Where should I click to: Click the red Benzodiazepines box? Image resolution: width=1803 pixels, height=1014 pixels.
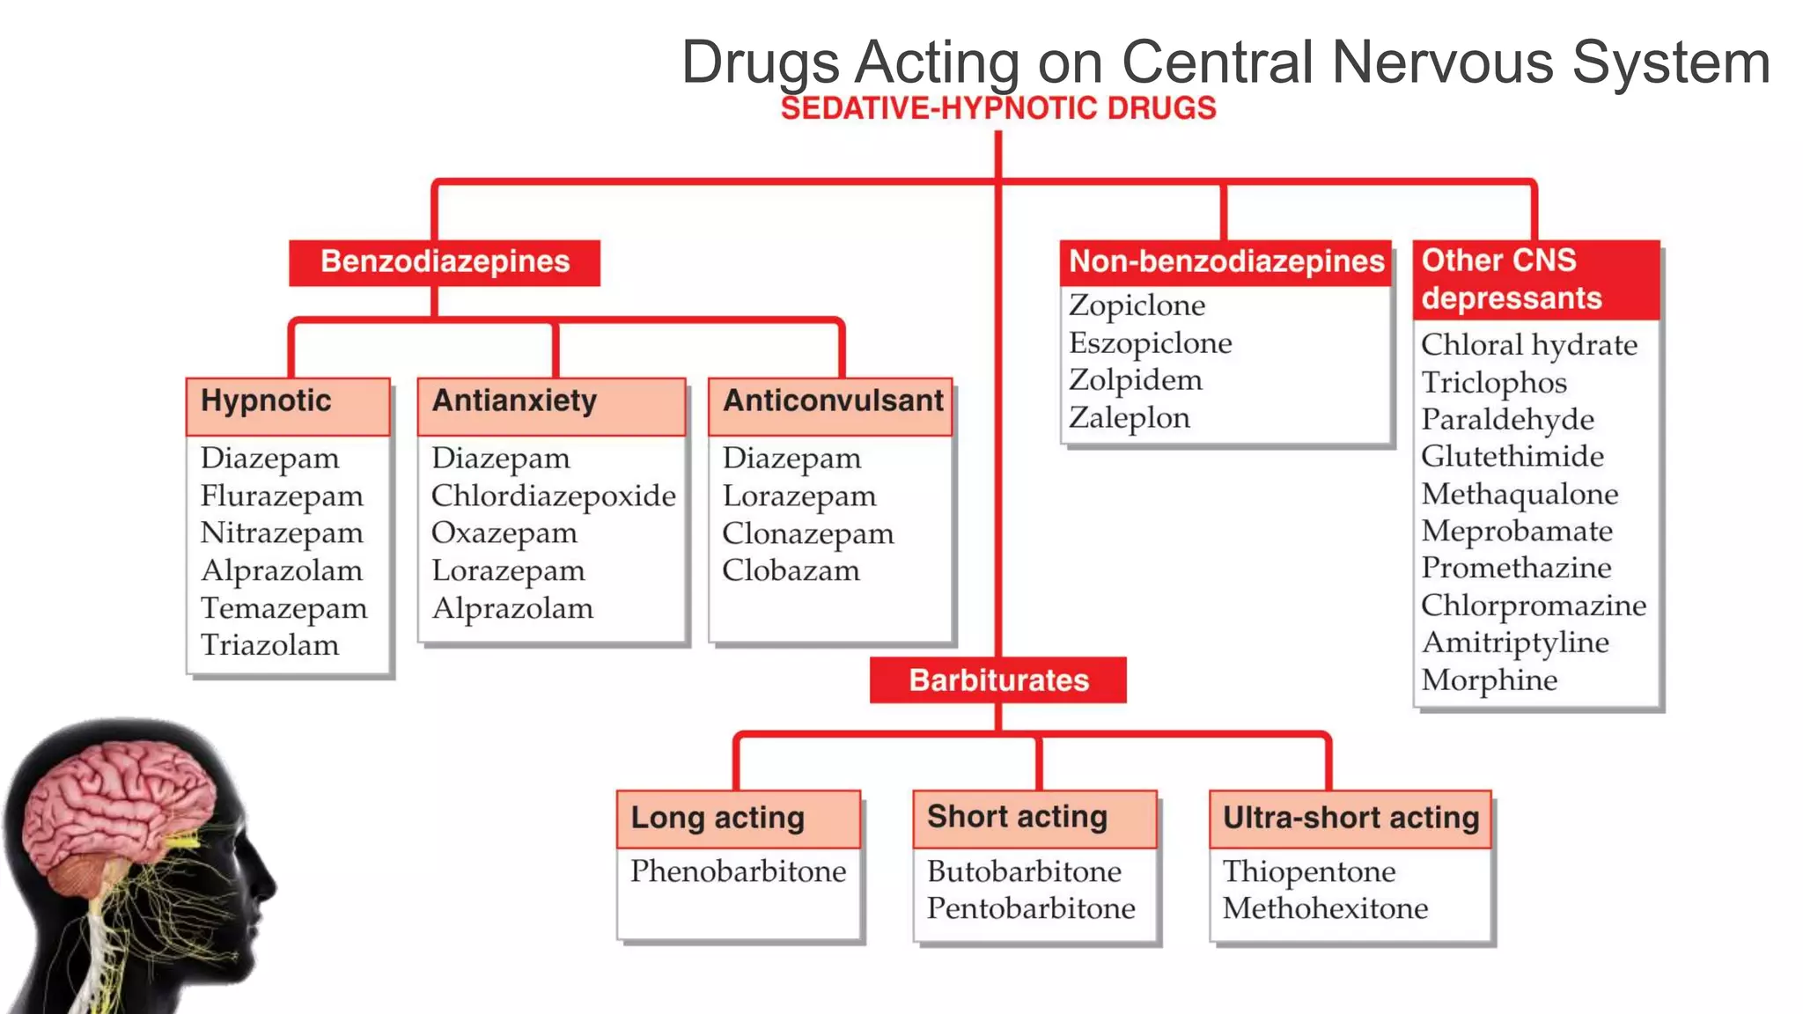coord(445,262)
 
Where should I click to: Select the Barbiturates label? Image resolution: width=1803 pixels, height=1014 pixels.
coord(997,680)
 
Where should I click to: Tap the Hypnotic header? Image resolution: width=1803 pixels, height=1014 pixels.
coord(266,401)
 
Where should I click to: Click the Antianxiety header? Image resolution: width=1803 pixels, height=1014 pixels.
coord(514,401)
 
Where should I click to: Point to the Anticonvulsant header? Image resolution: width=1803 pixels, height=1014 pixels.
coord(832,401)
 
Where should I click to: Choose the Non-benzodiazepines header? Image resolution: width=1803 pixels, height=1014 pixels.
coord(1225,262)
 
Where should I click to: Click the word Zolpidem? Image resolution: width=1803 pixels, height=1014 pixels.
coord(1135,380)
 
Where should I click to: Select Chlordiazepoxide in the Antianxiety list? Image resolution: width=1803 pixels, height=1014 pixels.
coord(553,496)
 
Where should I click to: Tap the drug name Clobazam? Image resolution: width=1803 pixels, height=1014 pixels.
coord(791,570)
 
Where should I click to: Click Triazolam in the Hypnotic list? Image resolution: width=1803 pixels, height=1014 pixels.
coord(269,645)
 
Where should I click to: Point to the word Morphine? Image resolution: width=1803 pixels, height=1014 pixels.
coord(1489,680)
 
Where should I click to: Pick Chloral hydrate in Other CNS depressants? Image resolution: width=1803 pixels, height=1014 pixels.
coord(1528,345)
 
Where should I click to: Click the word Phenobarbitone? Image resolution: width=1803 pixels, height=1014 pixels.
coord(738,871)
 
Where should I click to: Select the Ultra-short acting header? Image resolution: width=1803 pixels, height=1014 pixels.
coord(1350,819)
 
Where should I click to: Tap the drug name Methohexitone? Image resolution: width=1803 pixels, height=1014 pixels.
coord(1325,908)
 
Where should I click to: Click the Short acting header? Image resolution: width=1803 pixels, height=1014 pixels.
coord(1017,818)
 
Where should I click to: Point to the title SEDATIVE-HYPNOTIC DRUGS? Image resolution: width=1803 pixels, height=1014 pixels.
coord(997,108)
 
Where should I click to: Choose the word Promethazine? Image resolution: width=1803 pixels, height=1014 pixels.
coord(1516,569)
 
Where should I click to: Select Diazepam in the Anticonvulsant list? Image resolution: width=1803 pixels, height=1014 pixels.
coord(791,459)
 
